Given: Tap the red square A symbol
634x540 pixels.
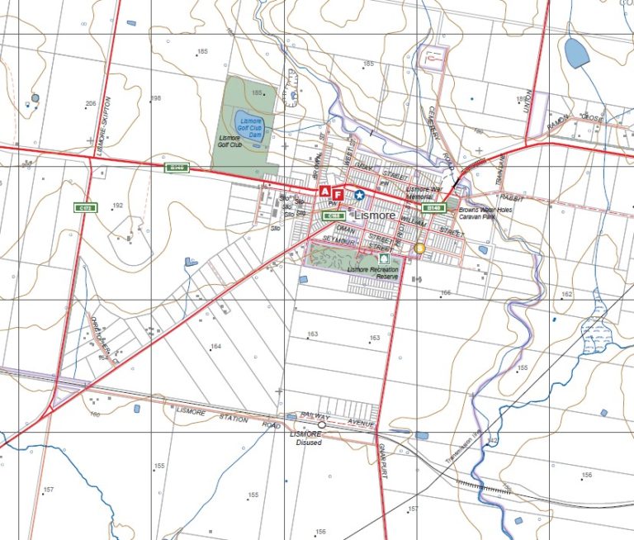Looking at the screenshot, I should (x=325, y=192).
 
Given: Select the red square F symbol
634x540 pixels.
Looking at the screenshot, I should (x=338, y=194).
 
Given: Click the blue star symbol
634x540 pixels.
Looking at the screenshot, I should (x=359, y=195).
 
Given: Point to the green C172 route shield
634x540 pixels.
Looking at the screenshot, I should (x=83, y=208).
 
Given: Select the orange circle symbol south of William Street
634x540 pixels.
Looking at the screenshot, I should (x=419, y=248).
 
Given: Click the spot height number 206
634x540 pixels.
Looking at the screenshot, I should (x=91, y=103).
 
